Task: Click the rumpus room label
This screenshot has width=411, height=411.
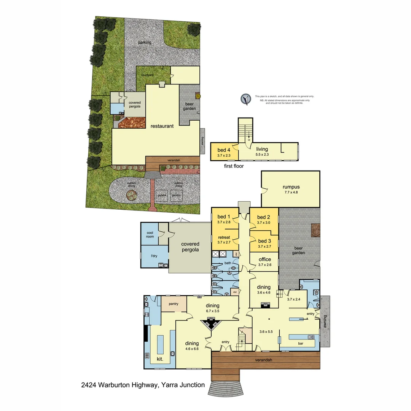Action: coord(291,187)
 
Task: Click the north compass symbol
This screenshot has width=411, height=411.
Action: coord(246,99)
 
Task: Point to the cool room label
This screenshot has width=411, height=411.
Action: coord(150,234)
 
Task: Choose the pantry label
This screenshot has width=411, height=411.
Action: coord(174,304)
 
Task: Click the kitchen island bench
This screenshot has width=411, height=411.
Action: coord(160,344)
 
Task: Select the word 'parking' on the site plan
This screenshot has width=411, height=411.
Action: coord(145,43)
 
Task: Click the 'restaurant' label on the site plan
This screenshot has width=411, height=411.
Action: coord(162,126)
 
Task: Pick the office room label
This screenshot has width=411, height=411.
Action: coord(264,260)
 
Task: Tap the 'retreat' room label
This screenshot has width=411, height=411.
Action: coord(224,237)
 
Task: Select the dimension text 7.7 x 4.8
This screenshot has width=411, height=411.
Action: coord(291,193)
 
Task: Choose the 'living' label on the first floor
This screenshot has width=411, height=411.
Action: coord(263,149)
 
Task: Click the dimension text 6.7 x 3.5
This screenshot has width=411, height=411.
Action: coord(213,311)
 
